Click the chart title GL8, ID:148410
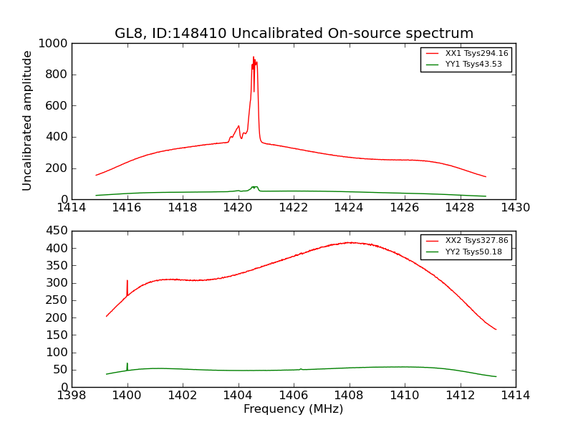[x=294, y=34]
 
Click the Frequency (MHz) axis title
[x=293, y=409]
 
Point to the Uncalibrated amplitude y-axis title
[x=28, y=120]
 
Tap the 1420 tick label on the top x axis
[x=238, y=208]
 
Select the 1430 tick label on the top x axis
[x=515, y=208]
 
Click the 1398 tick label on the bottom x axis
[x=72, y=395]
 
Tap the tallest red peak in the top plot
[x=254, y=59]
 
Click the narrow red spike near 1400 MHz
[x=127, y=282]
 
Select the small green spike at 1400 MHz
[x=127, y=364]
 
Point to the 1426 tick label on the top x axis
[x=404, y=208]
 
